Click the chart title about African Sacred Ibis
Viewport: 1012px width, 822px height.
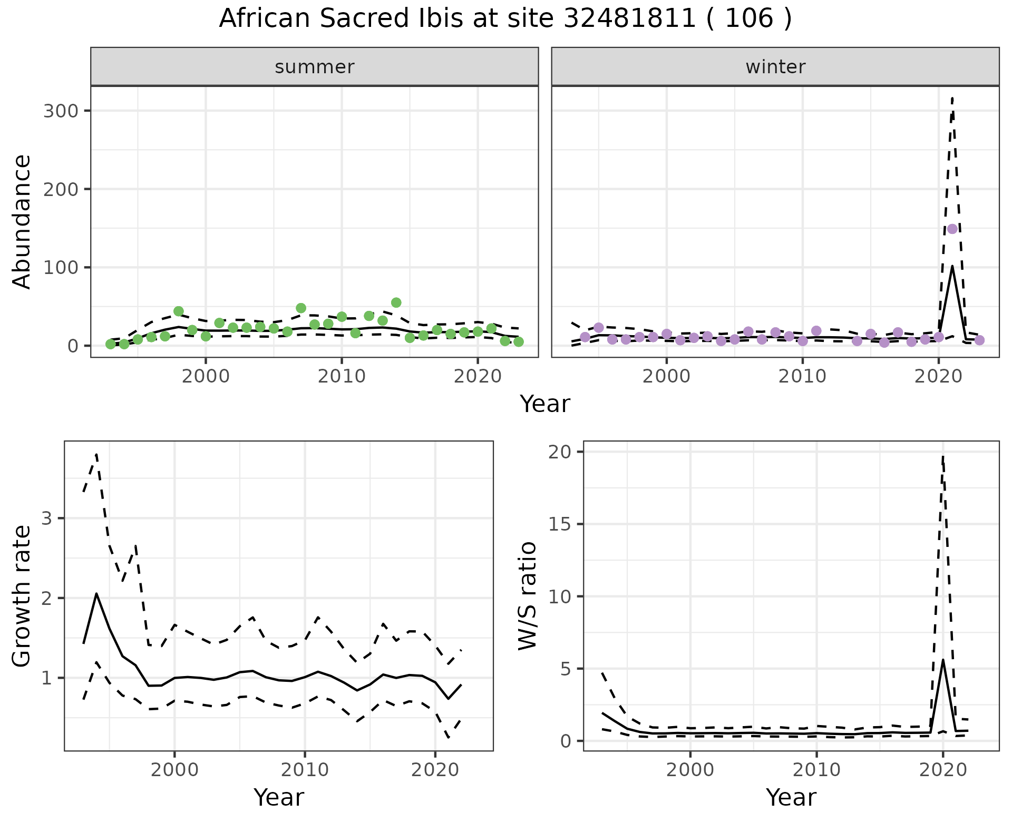tap(505, 19)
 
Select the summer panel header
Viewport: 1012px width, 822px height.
tap(314, 67)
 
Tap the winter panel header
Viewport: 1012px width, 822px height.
tap(775, 67)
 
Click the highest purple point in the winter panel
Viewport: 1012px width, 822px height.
tap(952, 229)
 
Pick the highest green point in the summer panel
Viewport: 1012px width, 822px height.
tap(396, 302)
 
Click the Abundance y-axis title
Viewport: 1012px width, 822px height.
tap(22, 221)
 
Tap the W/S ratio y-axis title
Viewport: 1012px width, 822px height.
tap(527, 595)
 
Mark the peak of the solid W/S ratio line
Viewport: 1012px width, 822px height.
tap(943, 660)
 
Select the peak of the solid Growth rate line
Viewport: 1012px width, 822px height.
tap(96, 593)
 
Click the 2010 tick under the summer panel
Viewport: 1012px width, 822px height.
tap(342, 376)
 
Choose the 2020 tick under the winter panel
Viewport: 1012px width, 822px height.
tap(938, 376)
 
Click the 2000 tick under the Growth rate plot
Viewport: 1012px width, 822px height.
tap(174, 770)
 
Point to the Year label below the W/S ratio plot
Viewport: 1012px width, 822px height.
tap(791, 797)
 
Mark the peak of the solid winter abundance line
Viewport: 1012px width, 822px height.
tap(952, 266)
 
